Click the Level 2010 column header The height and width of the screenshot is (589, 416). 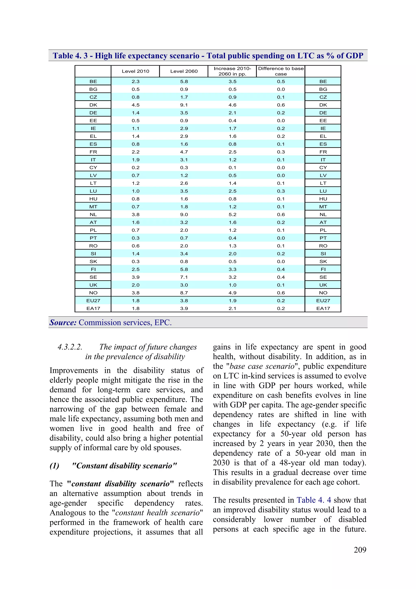coord(135,71)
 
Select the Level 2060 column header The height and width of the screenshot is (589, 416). coord(184,71)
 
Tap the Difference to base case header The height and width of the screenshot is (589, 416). coord(281,71)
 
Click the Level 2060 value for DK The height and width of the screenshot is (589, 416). coord(184,105)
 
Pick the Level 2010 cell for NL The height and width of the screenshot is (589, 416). coord(135,214)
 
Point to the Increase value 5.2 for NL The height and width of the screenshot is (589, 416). coord(232,214)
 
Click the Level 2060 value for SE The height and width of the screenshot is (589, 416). coord(184,277)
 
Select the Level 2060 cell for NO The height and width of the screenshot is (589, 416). coord(184,293)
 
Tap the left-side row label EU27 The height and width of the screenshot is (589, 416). coord(93,301)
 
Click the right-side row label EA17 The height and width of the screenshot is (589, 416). coord(323,308)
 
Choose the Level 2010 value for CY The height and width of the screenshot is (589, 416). coord(135,168)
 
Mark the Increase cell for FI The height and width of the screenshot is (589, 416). coord(232,269)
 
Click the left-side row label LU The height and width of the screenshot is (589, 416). coord(93,191)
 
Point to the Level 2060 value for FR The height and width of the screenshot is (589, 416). coord(184,152)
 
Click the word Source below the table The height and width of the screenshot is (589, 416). coord(63,322)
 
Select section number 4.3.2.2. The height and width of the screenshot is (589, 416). coord(70,347)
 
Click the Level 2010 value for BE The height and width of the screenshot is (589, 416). coord(135,82)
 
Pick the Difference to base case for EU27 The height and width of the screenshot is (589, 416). coord(281,301)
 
